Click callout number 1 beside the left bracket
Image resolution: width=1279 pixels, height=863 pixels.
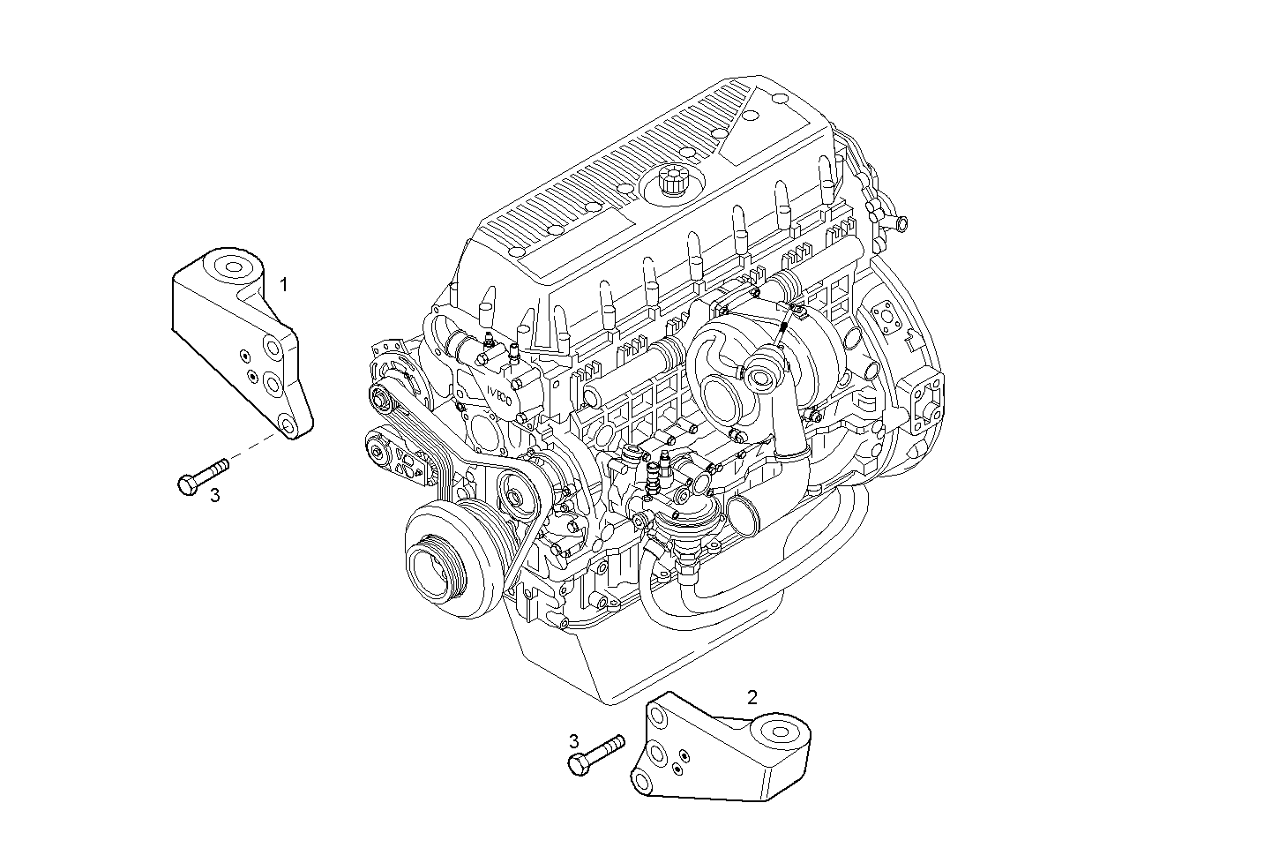pyautogui.click(x=284, y=284)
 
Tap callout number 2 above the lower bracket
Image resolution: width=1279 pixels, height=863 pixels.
pyautogui.click(x=752, y=697)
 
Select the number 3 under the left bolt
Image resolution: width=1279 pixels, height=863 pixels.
pyautogui.click(x=214, y=496)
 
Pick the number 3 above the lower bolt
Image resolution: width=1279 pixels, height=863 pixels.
pyautogui.click(x=573, y=740)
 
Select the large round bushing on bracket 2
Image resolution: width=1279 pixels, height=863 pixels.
pyautogui.click(x=779, y=732)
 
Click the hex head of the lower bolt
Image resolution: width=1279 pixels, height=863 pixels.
pyautogui.click(x=580, y=764)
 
